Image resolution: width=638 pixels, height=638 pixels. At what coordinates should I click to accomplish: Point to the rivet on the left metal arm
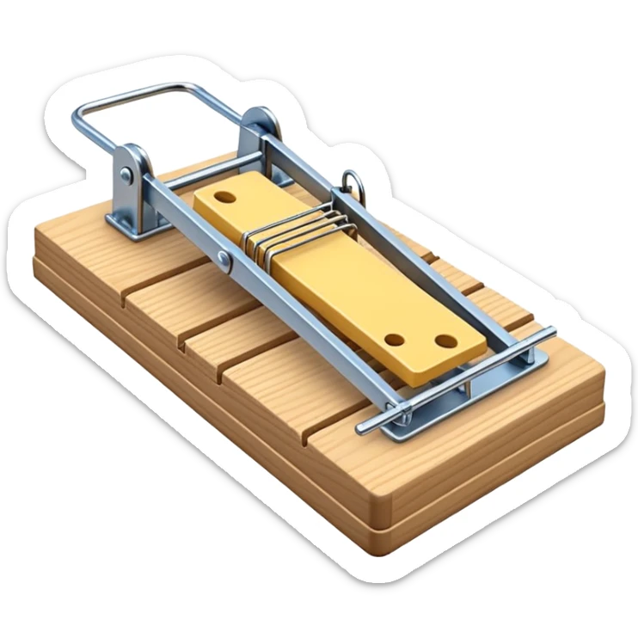tap(224, 257)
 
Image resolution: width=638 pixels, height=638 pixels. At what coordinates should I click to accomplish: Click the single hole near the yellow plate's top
tap(226, 197)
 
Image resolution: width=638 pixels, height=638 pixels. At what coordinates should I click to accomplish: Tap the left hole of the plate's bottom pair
tap(396, 340)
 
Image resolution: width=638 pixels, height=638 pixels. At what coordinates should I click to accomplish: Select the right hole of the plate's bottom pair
tap(444, 341)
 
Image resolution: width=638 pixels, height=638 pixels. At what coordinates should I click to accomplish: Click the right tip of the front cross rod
tap(550, 331)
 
